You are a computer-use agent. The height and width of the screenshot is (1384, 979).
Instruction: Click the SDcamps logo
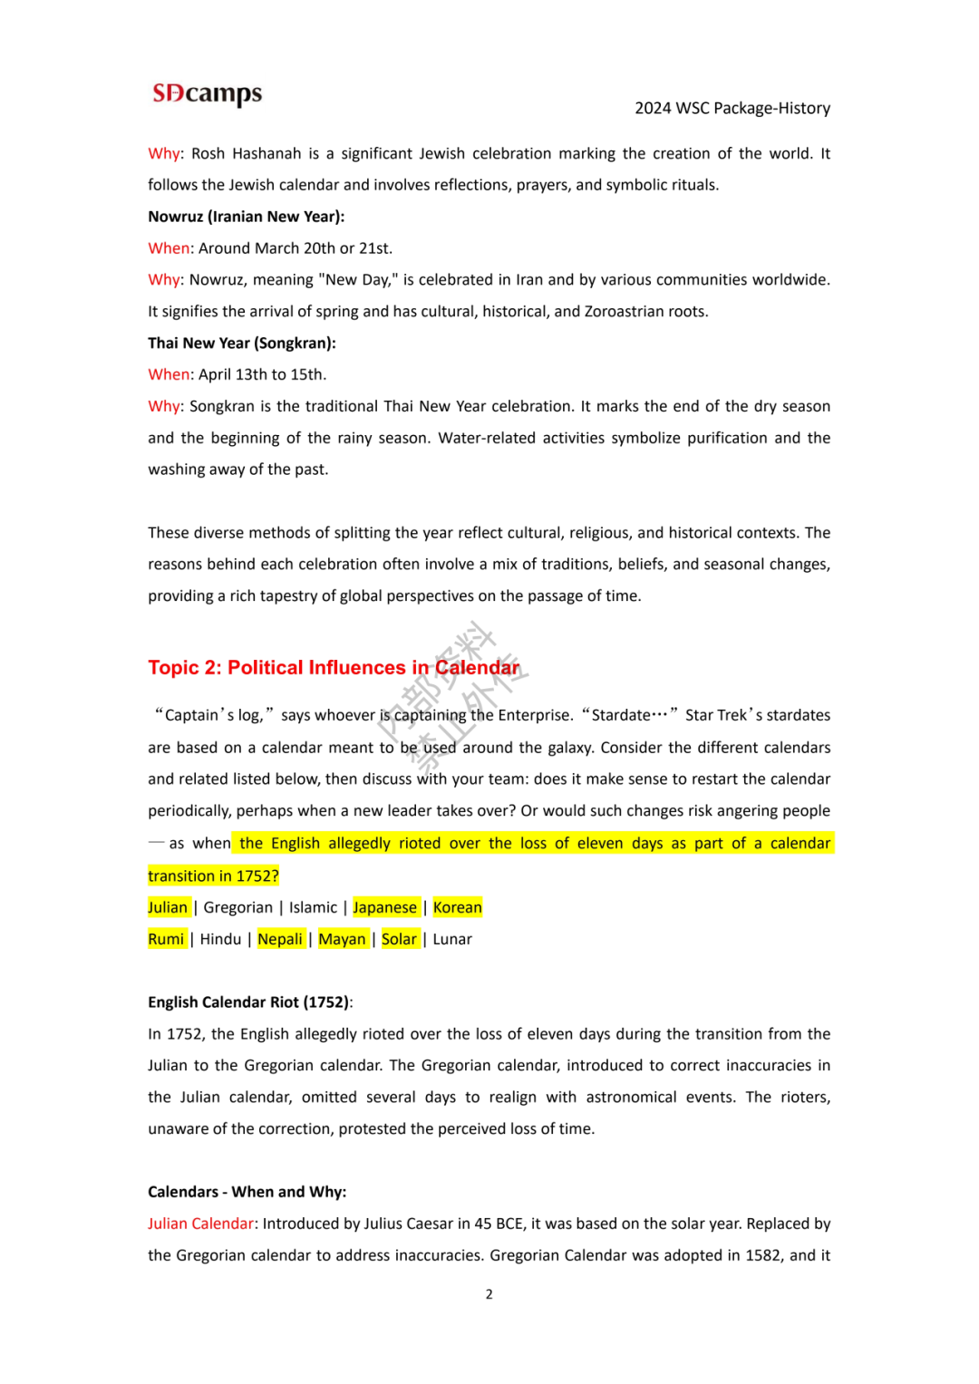pos(207,94)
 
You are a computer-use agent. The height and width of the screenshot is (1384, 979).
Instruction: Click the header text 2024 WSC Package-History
pos(732,109)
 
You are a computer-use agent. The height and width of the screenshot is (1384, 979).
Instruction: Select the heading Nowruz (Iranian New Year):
pos(246,217)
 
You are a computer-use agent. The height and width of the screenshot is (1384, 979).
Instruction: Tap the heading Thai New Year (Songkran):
pos(241,344)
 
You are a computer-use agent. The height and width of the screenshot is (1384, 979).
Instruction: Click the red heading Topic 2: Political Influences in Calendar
pos(334,668)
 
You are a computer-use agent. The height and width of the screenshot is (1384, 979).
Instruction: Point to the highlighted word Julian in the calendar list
pos(168,908)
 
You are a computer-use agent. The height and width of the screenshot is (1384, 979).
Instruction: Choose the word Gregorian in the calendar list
pos(237,908)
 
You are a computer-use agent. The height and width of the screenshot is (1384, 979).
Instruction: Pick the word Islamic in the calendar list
pos(313,908)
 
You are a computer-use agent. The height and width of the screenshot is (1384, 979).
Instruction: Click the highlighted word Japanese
pos(384,908)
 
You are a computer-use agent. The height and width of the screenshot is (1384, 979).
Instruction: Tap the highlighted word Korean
pos(457,908)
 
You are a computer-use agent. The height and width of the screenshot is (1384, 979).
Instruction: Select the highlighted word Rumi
pos(166,940)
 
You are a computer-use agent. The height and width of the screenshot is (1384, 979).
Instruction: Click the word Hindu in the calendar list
pos(220,940)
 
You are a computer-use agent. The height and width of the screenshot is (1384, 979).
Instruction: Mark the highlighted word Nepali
pos(280,940)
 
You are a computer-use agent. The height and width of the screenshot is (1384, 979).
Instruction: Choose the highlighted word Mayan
pos(342,940)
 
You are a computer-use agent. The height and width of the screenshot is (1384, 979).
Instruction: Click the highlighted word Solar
pos(399,940)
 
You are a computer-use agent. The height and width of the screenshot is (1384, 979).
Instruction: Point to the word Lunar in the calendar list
pos(452,940)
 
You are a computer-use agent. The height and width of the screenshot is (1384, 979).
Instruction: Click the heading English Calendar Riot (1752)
pos(248,1002)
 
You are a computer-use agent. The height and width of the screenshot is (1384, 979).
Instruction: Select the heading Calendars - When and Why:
pos(247,1193)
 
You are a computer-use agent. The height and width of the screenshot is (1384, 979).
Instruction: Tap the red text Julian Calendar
pos(200,1224)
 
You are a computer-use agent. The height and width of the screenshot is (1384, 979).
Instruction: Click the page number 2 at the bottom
pos(489,1295)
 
